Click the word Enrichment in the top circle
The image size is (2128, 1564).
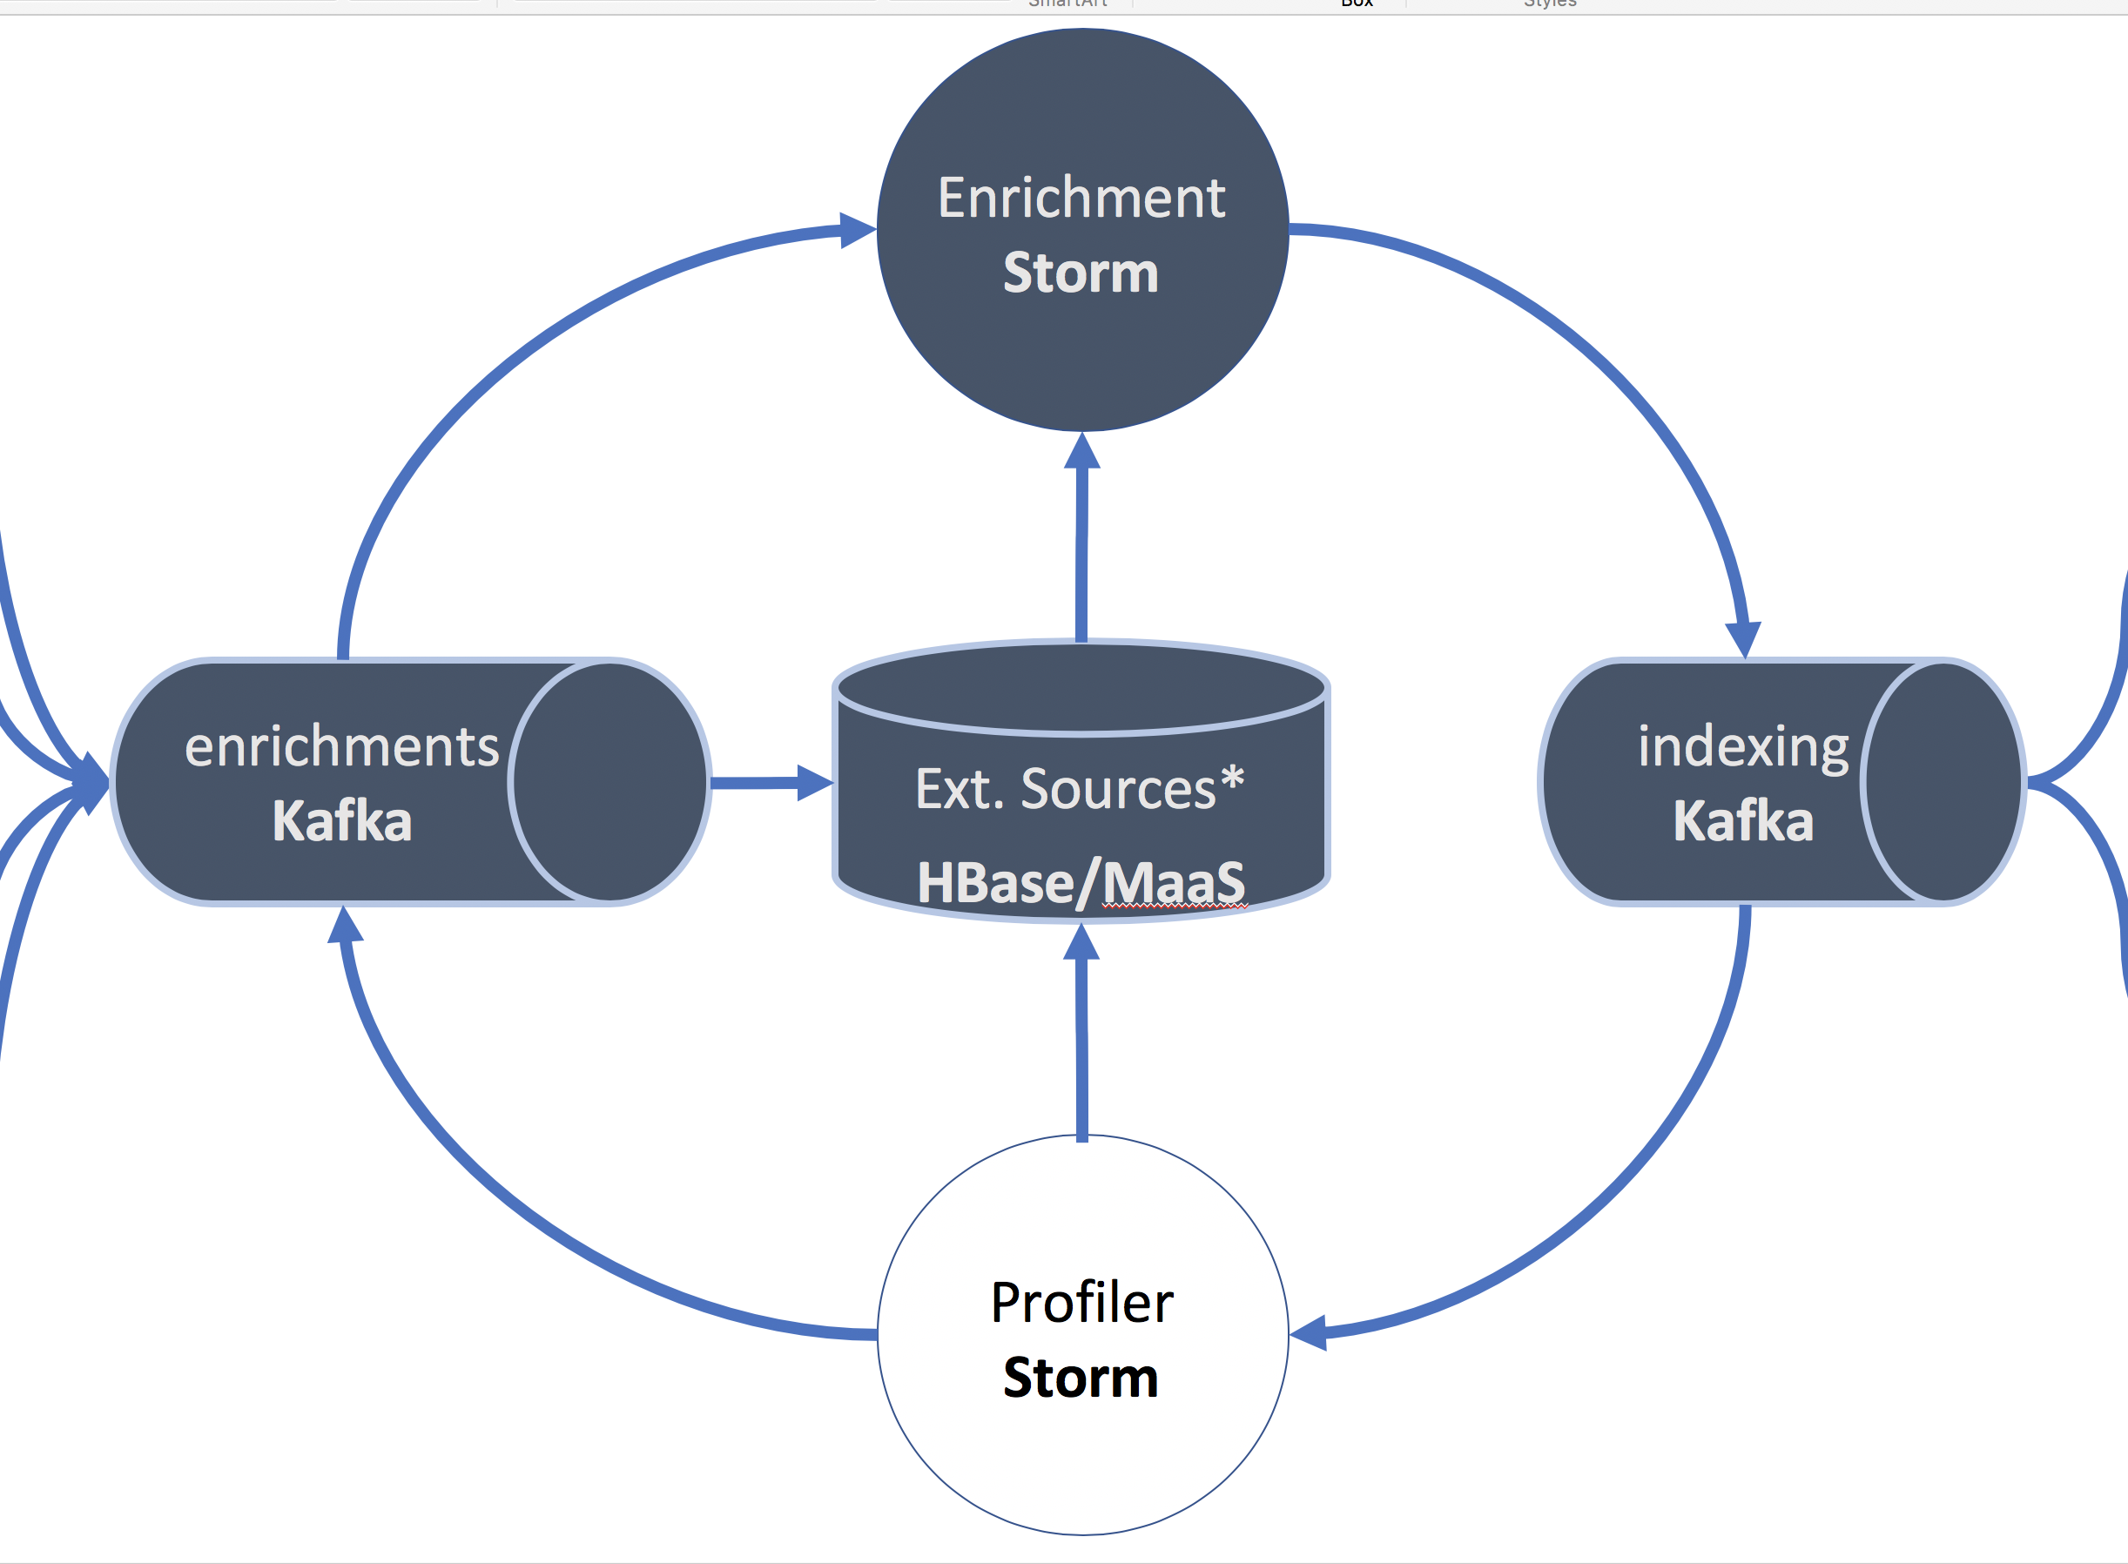tap(1081, 198)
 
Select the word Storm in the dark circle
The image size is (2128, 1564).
tap(1081, 273)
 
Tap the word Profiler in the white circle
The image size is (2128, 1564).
tap(1081, 1303)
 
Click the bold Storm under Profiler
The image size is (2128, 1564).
tap(1081, 1378)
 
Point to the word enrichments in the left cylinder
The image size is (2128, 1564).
tap(341, 747)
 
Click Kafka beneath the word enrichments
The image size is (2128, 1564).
tap(341, 821)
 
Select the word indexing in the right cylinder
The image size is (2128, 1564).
tap(1743, 747)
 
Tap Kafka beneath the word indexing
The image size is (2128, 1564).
tap(1743, 821)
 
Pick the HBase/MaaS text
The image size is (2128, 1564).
tap(1081, 882)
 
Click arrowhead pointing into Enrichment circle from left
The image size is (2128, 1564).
tap(858, 230)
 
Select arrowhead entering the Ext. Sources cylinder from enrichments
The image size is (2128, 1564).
tap(814, 782)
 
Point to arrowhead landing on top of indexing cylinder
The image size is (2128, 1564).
tap(1743, 639)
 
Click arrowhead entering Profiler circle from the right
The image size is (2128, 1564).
tap(1308, 1333)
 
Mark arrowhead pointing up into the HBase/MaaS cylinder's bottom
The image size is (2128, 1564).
tap(1081, 942)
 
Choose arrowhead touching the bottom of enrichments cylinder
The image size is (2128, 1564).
tap(345, 926)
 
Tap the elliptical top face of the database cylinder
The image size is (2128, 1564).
tap(1081, 689)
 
